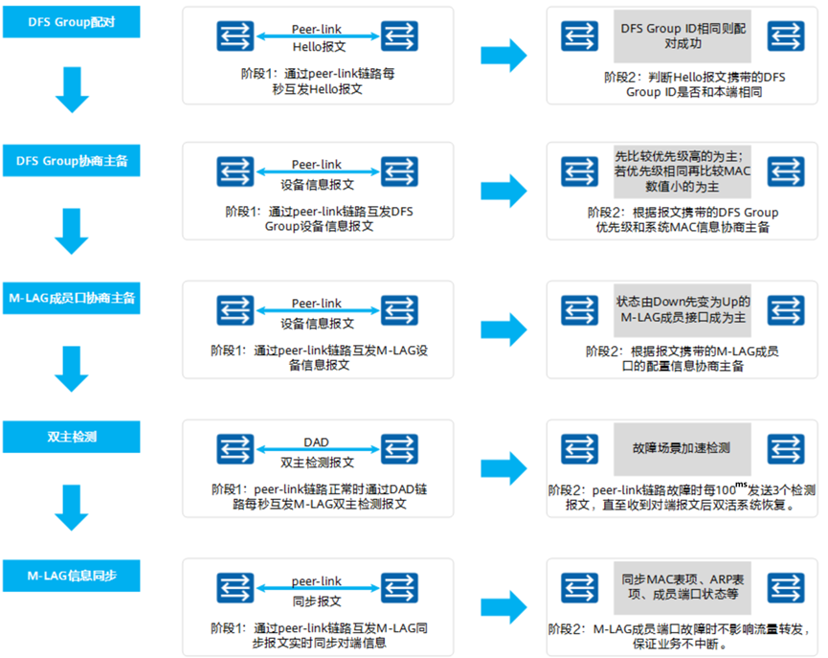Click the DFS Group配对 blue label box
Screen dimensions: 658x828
(72, 22)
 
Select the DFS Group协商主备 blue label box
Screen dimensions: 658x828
(72, 161)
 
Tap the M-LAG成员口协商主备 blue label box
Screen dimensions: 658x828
(72, 298)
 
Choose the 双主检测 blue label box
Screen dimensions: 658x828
(72, 436)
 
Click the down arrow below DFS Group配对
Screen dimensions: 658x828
(72, 91)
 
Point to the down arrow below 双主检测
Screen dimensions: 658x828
(72, 507)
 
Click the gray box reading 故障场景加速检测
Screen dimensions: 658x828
(682, 448)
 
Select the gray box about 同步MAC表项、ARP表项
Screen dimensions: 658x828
(682, 586)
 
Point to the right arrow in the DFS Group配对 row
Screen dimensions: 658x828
(504, 54)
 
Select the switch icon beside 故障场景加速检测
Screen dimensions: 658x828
(579, 448)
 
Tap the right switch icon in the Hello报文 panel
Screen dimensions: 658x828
(399, 36)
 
